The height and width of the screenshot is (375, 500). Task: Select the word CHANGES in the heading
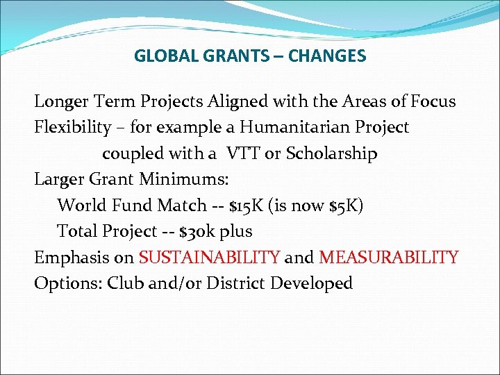pyautogui.click(x=328, y=56)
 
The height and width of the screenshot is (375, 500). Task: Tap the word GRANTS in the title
pyautogui.click(x=224, y=56)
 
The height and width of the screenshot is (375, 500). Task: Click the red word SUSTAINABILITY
pyautogui.click(x=210, y=258)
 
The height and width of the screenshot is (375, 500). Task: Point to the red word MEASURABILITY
pyautogui.click(x=388, y=258)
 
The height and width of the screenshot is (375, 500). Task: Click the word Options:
pyautogui.click(x=63, y=283)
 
